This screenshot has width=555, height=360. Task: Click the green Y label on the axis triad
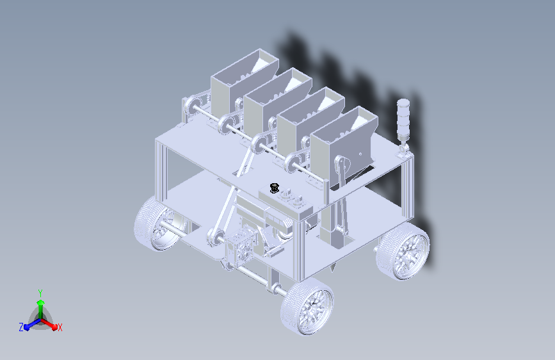coord(40,293)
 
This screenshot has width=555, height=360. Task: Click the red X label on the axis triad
coord(60,327)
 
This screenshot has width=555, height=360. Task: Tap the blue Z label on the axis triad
coord(21,327)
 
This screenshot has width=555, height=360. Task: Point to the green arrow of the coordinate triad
coord(41,309)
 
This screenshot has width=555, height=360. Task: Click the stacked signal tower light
coord(403,119)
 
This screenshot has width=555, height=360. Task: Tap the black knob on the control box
coord(275,188)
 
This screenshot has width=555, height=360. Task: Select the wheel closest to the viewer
coord(307,306)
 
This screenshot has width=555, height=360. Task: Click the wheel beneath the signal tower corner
coord(403,252)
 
